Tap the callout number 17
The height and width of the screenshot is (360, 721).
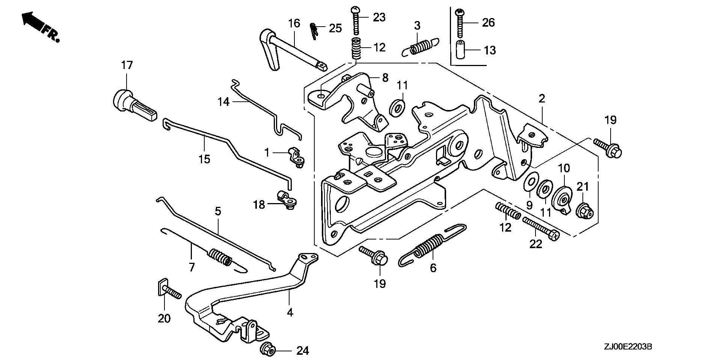[x=127, y=65]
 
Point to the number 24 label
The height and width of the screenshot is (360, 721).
[x=303, y=351]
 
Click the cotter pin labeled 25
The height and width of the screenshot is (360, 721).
[x=314, y=30]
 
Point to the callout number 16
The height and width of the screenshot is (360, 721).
[x=294, y=24]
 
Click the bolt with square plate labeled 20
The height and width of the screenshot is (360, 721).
[x=168, y=289]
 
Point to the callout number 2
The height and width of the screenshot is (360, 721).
[x=541, y=99]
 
